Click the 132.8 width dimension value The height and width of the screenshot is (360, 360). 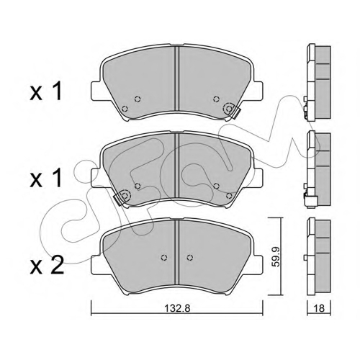[177, 308]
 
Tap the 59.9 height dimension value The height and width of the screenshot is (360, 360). [276, 257]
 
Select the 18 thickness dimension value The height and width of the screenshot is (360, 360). [319, 308]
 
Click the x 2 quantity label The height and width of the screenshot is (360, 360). [48, 265]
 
